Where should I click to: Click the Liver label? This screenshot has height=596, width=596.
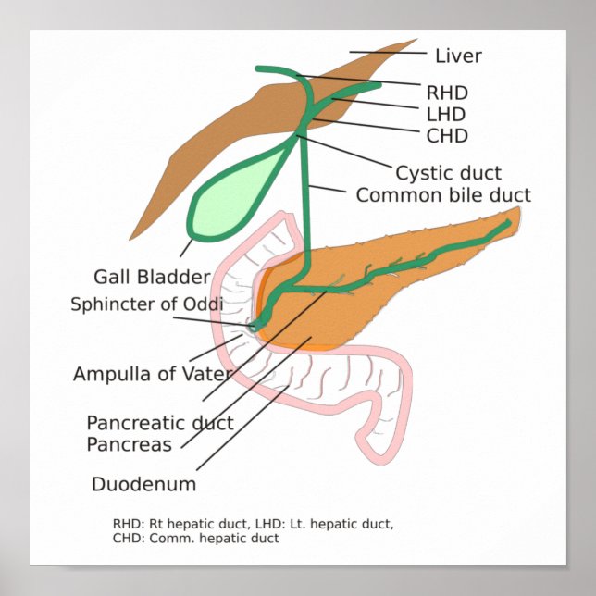tap(458, 56)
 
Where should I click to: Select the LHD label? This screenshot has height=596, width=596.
tap(446, 114)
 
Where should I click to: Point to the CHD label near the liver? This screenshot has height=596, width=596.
tap(447, 136)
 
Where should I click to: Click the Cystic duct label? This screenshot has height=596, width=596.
tap(448, 172)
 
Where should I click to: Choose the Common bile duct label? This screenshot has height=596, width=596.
tap(443, 195)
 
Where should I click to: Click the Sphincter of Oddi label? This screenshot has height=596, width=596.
tap(147, 304)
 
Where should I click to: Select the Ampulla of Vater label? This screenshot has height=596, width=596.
tap(153, 374)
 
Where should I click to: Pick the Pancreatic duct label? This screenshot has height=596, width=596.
tap(160, 423)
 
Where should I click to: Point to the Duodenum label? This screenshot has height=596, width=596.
tap(143, 483)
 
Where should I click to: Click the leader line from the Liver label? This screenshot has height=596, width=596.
tap(384, 54)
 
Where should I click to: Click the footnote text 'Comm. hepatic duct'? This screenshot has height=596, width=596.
tap(222, 538)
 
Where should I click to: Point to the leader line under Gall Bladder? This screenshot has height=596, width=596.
tap(187, 247)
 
